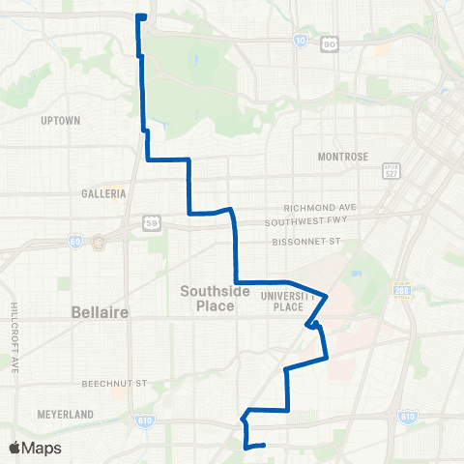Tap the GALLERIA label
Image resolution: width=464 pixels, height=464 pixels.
pyautogui.click(x=104, y=193)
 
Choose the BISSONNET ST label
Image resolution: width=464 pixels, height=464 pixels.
pyautogui.click(x=307, y=240)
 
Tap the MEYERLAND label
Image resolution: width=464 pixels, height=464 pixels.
pyautogui.click(x=65, y=414)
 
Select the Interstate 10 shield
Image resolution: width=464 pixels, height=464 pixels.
pyautogui.click(x=301, y=41)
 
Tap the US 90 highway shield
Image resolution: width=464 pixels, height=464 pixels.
pyautogui.click(x=330, y=43)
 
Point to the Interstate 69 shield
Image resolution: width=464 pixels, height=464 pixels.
pyautogui.click(x=75, y=243)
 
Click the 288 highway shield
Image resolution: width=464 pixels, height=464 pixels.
pyautogui.click(x=402, y=289)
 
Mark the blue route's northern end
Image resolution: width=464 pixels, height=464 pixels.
pyautogui.click(x=141, y=16)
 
